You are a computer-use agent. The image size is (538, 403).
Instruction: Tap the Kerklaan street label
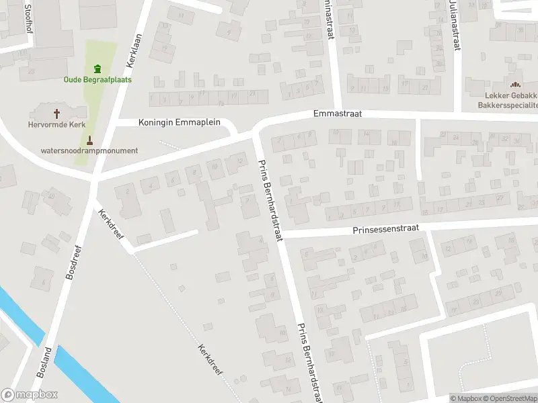click(x=134, y=50)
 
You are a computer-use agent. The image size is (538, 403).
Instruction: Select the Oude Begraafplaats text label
click(x=98, y=79)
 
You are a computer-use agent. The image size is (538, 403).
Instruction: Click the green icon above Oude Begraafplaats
click(x=98, y=68)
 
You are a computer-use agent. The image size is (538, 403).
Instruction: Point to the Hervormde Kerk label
click(x=56, y=124)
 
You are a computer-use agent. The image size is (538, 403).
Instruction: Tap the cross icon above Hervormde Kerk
click(x=56, y=114)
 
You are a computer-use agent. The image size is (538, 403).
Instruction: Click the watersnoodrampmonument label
click(x=89, y=150)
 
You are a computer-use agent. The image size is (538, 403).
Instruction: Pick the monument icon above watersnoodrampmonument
click(x=90, y=140)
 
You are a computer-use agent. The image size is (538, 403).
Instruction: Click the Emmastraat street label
click(x=338, y=114)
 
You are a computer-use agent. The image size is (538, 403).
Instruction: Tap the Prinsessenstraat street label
click(x=385, y=229)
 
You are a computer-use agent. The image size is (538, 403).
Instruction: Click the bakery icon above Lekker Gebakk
click(x=516, y=85)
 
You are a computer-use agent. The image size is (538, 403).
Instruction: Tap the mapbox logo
click(x=30, y=395)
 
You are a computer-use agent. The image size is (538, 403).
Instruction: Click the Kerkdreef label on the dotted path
click(x=210, y=359)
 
